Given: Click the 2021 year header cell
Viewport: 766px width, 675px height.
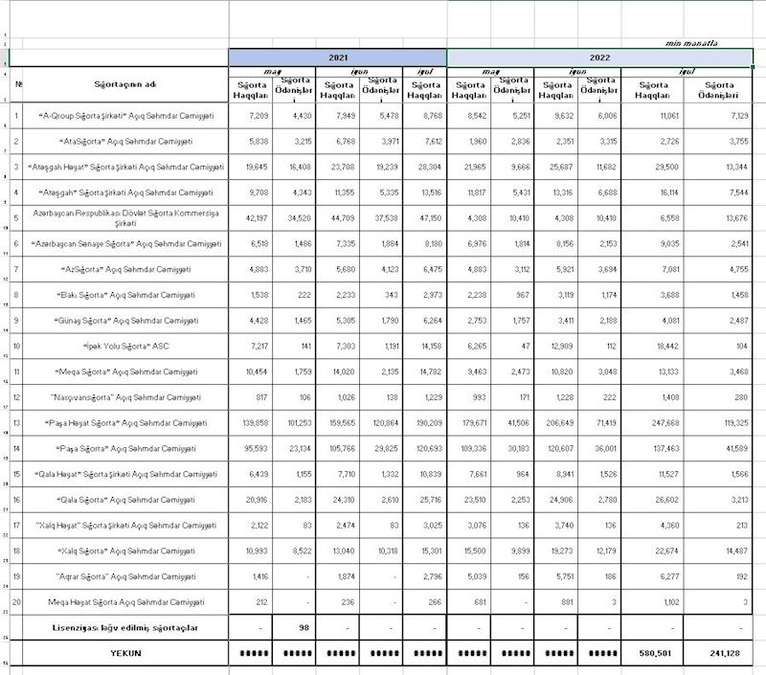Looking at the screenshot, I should [x=338, y=58].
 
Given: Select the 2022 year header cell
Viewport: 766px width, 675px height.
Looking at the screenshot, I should [x=599, y=58].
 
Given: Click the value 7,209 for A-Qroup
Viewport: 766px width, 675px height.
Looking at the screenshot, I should [x=251, y=115].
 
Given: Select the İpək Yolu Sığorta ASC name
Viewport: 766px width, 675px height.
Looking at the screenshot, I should [x=120, y=346].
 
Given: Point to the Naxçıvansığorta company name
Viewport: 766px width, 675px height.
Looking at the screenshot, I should [x=120, y=397].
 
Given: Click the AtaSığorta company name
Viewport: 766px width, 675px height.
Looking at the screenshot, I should [x=120, y=141].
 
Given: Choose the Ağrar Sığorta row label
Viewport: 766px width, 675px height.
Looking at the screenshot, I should [x=120, y=576].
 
